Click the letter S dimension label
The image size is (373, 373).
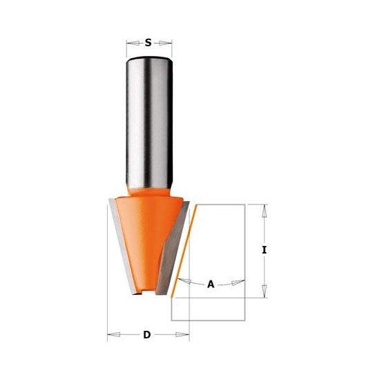[x=148, y=43]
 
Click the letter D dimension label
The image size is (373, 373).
[x=147, y=335]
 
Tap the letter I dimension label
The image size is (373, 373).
[x=265, y=250]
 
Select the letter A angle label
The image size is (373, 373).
[x=211, y=285]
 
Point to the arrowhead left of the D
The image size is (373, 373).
[x=114, y=335]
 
